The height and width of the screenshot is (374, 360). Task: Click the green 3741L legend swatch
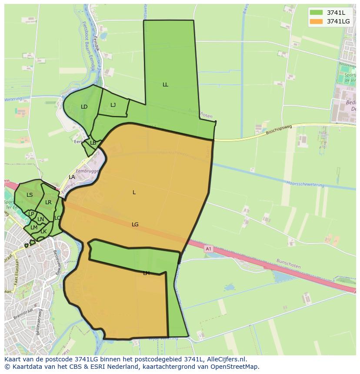coord(317,13)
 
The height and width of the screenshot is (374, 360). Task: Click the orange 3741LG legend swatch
coord(317,21)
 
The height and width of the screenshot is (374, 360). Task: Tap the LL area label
coord(165,85)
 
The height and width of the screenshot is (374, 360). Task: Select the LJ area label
coord(113,105)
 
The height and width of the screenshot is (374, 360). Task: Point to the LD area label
coord(84,107)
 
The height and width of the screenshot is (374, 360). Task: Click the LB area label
coord(93,143)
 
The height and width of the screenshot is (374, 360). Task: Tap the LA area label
coord(72,177)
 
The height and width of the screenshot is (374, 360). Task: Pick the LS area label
coord(30,195)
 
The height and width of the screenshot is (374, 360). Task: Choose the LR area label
coord(48,202)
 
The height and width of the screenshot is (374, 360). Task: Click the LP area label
coord(31,214)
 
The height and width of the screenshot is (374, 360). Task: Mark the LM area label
coord(33,228)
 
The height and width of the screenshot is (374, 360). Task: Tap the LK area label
coord(43,232)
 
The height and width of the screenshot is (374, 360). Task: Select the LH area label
coord(146,273)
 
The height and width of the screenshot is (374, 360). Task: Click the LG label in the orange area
coord(135,225)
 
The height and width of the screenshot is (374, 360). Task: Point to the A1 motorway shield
coord(208,249)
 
